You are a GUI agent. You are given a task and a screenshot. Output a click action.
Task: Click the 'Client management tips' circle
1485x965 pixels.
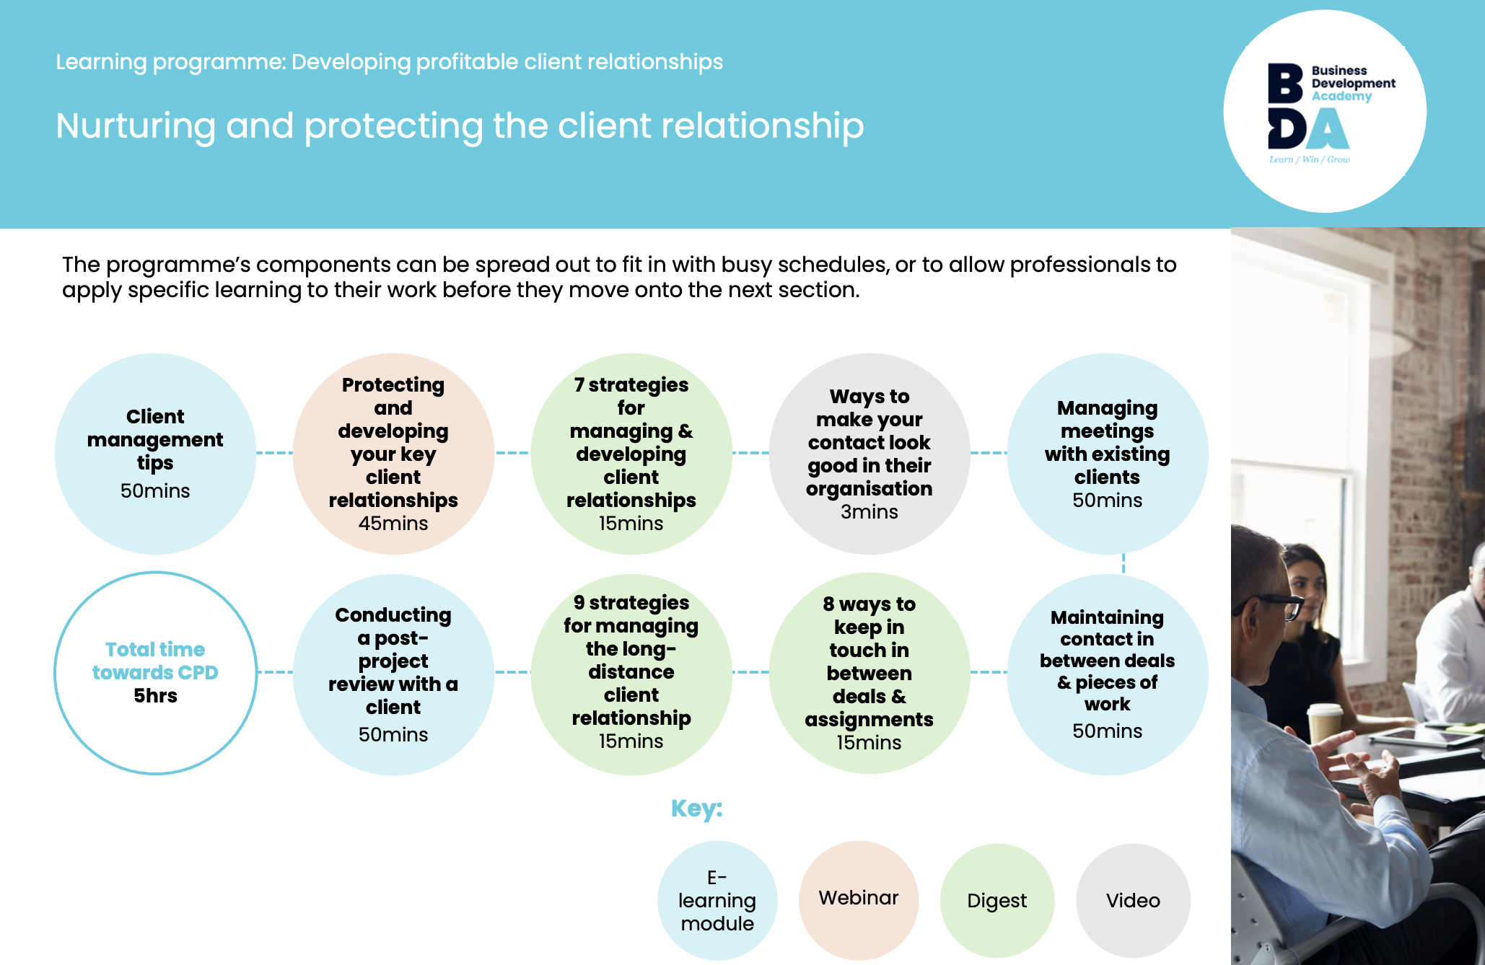pos(155,454)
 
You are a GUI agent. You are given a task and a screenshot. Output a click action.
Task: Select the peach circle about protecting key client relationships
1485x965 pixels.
pos(393,454)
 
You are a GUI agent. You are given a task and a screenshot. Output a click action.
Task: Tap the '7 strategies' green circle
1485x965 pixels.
pos(631,454)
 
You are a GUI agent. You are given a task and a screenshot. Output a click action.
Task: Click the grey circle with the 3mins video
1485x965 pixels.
pos(869,454)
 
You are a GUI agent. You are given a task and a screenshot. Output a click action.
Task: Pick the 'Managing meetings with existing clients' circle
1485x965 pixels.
pos(1108,454)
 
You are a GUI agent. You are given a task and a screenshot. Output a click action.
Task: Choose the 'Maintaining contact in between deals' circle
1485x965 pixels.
pos(1108,674)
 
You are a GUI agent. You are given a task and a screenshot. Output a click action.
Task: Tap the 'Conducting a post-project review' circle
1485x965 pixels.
pos(393,674)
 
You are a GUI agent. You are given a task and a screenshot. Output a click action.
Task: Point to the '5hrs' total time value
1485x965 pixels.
pos(155,696)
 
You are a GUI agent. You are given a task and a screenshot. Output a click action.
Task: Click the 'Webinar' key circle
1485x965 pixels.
pos(859,899)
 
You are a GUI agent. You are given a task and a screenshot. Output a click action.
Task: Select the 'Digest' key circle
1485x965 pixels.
pos(997,900)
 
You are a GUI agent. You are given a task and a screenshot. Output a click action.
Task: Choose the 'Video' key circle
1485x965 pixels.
pos(1133,900)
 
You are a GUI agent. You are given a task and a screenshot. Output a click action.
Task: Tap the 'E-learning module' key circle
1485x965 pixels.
pos(717,900)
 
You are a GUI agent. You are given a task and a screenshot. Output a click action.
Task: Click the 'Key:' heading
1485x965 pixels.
pos(696,808)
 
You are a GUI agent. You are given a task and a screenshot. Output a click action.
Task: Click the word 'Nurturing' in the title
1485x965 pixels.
pos(135,126)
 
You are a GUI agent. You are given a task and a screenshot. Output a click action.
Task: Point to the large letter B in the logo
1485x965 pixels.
pos(1285,84)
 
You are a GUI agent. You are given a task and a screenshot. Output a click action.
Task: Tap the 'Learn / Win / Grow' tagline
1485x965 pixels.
pos(1309,159)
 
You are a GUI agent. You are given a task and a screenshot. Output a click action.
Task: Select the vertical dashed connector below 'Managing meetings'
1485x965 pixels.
pos(1123,564)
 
